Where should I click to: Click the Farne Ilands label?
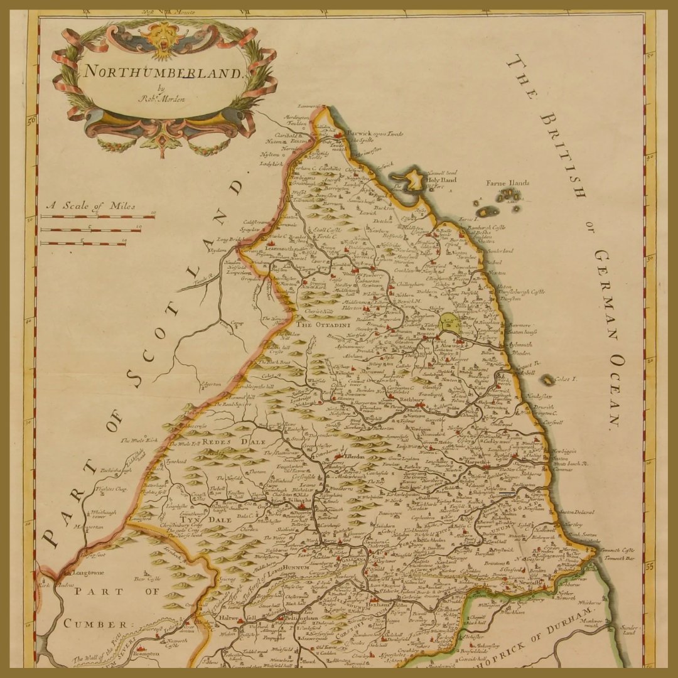[508, 183]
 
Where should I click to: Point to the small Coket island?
[547, 380]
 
